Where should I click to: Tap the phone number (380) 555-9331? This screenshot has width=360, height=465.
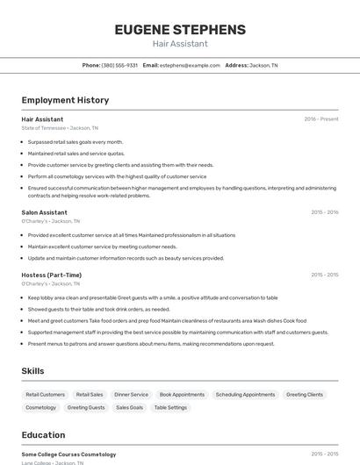[119, 65]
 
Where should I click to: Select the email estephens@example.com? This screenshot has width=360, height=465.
[190, 65]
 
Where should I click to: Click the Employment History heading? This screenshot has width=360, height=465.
[65, 100]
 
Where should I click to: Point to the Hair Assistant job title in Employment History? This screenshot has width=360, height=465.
[42, 118]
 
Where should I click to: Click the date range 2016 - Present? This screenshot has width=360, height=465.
[320, 118]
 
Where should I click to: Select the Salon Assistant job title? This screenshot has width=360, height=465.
[44, 212]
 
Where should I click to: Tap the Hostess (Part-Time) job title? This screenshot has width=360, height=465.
[51, 275]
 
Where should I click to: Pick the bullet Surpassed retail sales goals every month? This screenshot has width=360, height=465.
[76, 141]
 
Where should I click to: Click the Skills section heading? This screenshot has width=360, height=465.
[32, 371]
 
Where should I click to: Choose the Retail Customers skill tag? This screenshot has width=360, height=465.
[46, 395]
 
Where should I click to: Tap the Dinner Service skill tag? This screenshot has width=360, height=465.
[132, 395]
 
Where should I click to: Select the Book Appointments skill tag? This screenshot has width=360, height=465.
[182, 395]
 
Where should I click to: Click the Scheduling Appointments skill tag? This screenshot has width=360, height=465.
[245, 395]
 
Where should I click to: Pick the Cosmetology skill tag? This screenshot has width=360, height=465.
[41, 407]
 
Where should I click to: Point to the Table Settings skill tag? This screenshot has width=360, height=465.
[170, 407]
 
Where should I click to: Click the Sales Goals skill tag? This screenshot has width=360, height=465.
[129, 407]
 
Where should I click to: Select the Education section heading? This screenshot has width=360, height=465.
[43, 435]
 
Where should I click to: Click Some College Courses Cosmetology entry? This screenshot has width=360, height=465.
[68, 454]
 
